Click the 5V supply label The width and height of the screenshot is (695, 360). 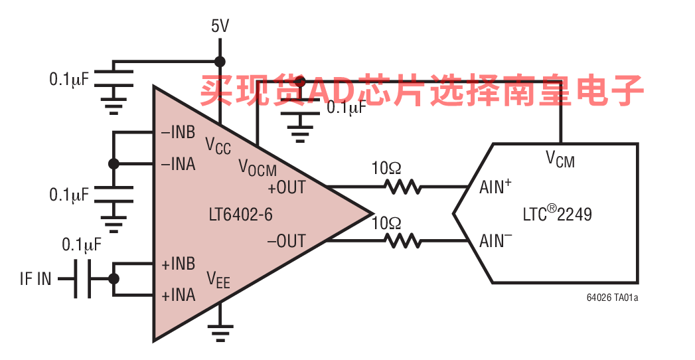(220, 27)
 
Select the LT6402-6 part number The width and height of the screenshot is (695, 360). (240, 215)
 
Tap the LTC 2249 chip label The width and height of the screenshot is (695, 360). (557, 214)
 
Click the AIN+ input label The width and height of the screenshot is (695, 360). (495, 187)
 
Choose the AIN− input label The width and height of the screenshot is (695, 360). (495, 240)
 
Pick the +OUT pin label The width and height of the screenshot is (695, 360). (286, 188)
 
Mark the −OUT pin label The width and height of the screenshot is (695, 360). (286, 241)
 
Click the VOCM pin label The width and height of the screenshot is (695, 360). (257, 167)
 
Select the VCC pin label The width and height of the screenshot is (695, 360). (218, 145)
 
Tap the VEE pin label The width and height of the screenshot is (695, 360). (218, 278)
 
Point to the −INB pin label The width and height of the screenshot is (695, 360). (178, 132)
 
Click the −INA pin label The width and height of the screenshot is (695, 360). (178, 163)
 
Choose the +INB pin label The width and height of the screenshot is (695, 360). (178, 264)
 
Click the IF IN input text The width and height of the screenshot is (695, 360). (35, 279)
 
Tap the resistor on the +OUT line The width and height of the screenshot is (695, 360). (403, 187)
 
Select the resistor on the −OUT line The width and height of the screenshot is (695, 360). (403, 240)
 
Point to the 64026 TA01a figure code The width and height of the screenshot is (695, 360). (612, 298)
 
